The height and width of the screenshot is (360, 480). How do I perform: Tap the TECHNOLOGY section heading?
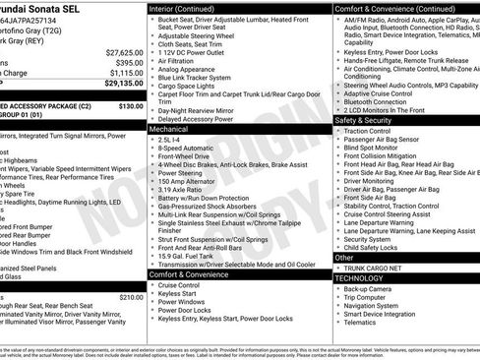point(358,277)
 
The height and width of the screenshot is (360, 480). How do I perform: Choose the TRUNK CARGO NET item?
point(371,267)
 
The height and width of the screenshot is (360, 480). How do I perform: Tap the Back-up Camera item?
point(370,288)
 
